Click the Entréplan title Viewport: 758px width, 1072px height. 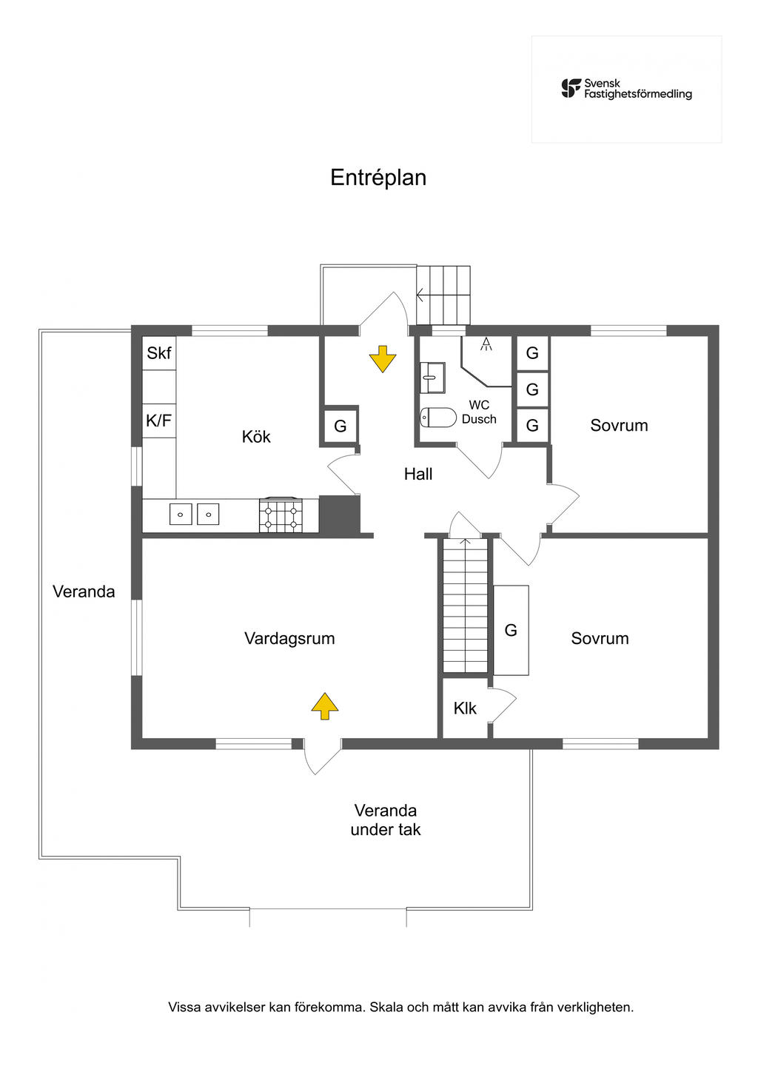point(378,178)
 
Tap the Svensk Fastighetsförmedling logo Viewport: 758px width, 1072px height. point(626,89)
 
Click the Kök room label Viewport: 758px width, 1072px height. point(256,437)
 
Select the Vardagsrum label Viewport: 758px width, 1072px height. point(289,638)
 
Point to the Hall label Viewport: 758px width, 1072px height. point(418,474)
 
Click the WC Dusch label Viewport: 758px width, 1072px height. point(479,412)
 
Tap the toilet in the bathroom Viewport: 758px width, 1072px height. point(438,418)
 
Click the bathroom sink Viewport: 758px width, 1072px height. point(432,378)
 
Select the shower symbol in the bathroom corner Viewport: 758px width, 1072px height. point(486,344)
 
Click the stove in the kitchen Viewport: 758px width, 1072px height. point(281,515)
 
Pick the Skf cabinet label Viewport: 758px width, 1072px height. point(159,353)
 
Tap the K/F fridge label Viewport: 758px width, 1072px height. point(159,421)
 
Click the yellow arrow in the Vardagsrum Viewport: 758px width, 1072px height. point(325,706)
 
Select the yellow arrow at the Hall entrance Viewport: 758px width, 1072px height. point(383,359)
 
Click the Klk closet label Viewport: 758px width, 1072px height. point(465,708)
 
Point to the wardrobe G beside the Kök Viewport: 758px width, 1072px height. point(341,426)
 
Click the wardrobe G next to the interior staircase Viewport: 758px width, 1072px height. point(511,630)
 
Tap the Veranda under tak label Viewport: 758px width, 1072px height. point(386,820)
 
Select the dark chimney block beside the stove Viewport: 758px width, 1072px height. point(339,515)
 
